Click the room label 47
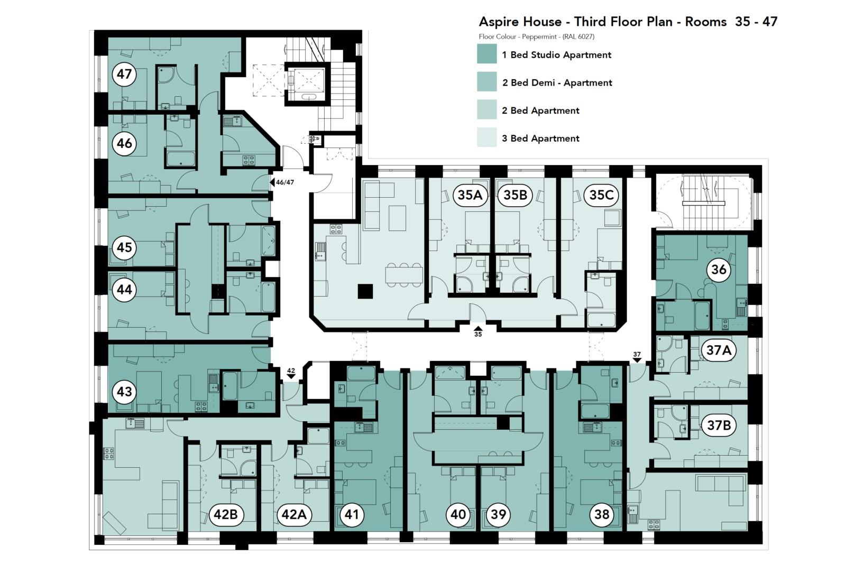(124, 74)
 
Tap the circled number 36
(719, 270)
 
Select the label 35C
(601, 195)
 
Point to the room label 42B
(226, 514)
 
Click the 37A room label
(719, 350)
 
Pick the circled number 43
(124, 392)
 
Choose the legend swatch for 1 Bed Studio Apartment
(486, 54)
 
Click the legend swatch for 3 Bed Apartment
(486, 138)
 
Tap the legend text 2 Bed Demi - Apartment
(557, 82)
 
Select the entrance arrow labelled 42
(291, 377)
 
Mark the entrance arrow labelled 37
(637, 360)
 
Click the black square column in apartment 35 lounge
(365, 291)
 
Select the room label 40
(458, 514)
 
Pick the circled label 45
(124, 247)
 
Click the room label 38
(602, 514)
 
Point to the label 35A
(470, 195)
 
